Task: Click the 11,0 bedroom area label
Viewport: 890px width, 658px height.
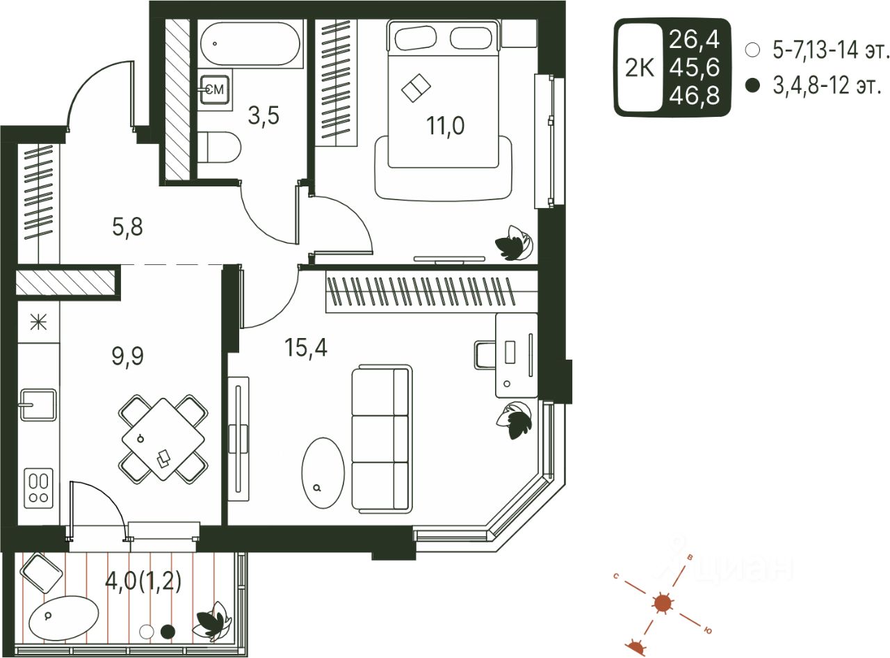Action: (x=446, y=126)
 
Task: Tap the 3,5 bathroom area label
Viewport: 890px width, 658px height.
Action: (x=264, y=115)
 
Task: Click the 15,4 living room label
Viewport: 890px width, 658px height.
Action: (x=306, y=346)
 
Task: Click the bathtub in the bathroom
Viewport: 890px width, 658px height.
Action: (x=250, y=44)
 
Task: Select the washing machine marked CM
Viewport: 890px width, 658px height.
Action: (x=214, y=88)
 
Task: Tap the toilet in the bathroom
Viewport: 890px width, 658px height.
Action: (x=223, y=147)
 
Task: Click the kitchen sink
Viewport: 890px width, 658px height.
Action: (x=38, y=404)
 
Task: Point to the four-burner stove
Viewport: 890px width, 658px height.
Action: (x=39, y=486)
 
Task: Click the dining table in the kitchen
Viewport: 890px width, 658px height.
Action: (x=163, y=440)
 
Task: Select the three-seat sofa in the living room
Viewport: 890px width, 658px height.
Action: (x=381, y=440)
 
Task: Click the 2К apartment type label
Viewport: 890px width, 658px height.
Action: (x=640, y=67)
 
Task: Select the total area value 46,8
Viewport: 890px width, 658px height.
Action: (x=694, y=95)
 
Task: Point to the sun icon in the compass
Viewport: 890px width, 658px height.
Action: (x=662, y=603)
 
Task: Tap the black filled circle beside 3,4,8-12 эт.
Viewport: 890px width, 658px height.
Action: (x=751, y=86)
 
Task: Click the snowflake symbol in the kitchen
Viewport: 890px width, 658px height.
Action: (x=38, y=322)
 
